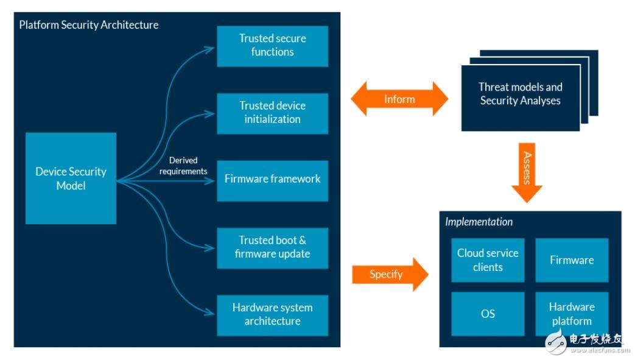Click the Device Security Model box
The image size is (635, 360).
(x=71, y=178)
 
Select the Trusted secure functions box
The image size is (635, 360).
(x=272, y=46)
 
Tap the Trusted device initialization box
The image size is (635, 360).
(x=272, y=113)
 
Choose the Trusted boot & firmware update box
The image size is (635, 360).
(x=272, y=247)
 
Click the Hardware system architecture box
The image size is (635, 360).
(x=272, y=314)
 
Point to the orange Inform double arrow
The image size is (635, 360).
(x=399, y=99)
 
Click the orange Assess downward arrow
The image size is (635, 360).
(x=527, y=172)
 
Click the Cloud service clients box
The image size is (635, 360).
(x=488, y=260)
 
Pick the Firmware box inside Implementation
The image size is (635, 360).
(x=572, y=260)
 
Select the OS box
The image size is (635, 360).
(x=488, y=314)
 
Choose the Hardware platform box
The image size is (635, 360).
(x=572, y=314)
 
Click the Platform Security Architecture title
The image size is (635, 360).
(x=89, y=25)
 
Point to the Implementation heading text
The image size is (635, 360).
(x=479, y=222)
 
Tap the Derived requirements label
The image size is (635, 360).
(x=183, y=166)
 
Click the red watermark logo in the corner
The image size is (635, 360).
(x=556, y=342)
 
